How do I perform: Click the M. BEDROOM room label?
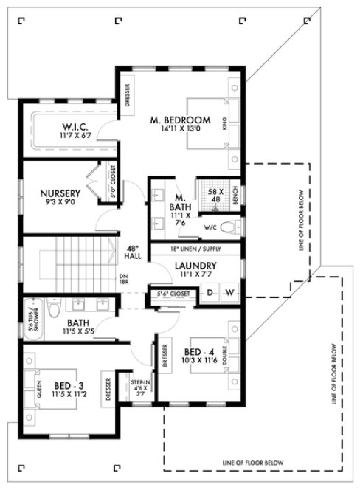click(x=180, y=120)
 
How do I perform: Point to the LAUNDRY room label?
click(x=195, y=266)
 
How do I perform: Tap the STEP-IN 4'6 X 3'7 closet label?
click(x=141, y=387)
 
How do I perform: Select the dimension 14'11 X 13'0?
click(x=180, y=129)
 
